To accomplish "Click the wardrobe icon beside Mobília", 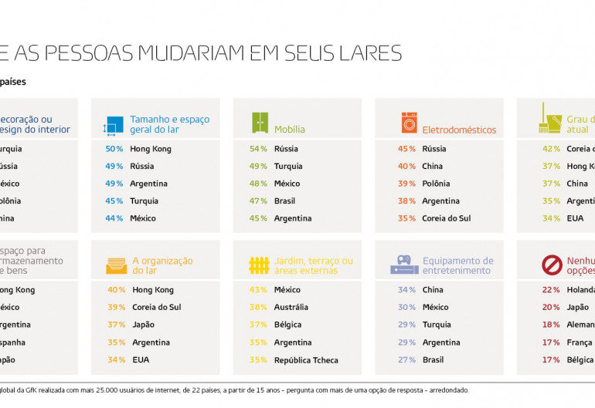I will point(260,123).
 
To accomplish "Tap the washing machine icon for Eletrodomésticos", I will point(409,123).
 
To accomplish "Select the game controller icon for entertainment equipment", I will point(404,265).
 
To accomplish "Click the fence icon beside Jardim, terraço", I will point(259,265).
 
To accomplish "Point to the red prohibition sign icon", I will point(552,265).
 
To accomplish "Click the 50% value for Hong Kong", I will point(114,149).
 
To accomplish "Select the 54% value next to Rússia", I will point(258,149).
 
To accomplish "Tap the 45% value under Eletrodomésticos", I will point(406,149).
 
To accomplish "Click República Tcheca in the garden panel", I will point(305,359).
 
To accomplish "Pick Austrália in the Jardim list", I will point(291,307).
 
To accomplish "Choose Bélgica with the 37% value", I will point(287,325).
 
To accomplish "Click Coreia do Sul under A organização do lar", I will point(156,307).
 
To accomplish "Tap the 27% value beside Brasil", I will point(406,359).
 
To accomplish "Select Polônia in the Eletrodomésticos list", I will point(437,184).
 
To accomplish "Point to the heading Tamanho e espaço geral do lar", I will point(169,124).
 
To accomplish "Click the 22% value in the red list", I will point(551,290).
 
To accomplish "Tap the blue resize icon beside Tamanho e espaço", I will point(114,126).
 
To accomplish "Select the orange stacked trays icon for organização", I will point(116,265).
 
